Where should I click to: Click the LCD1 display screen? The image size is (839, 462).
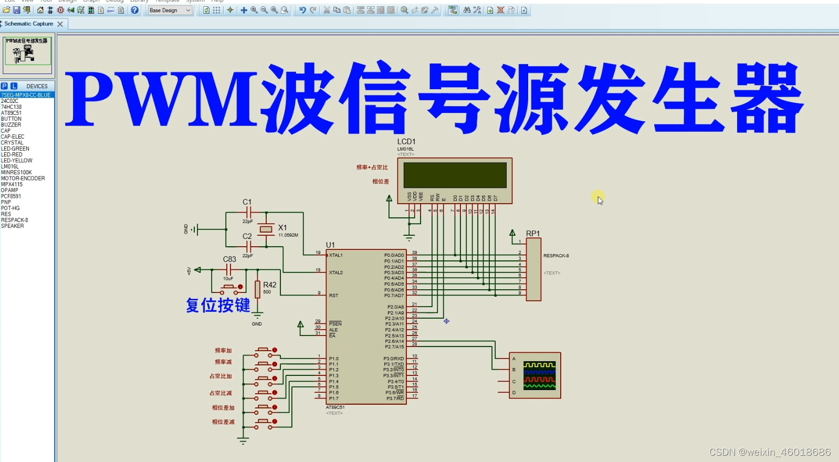(x=455, y=175)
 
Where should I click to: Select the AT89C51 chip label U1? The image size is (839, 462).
(x=330, y=245)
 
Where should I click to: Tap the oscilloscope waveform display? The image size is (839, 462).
(x=539, y=375)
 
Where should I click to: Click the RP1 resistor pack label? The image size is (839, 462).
(x=533, y=234)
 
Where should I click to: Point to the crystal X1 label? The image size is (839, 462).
(x=282, y=228)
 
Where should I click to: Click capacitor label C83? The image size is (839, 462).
(x=229, y=259)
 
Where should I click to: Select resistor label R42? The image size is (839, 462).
(x=270, y=285)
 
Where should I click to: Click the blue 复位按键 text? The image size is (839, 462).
(x=218, y=305)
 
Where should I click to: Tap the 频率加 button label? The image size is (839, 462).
(x=223, y=351)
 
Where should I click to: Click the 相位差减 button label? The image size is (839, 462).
(x=223, y=422)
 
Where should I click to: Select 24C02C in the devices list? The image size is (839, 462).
(x=10, y=101)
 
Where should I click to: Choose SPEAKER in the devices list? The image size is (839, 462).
(x=13, y=226)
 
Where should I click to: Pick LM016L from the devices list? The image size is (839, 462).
(x=10, y=166)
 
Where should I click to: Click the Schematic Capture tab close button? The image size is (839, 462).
(x=60, y=24)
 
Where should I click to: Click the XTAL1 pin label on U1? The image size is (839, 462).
(x=336, y=255)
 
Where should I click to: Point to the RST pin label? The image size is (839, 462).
(x=334, y=296)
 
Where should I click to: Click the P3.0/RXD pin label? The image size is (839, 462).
(x=394, y=359)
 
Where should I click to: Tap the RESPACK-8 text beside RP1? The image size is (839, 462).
(x=556, y=256)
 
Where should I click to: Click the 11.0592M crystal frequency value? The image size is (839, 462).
(x=288, y=235)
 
